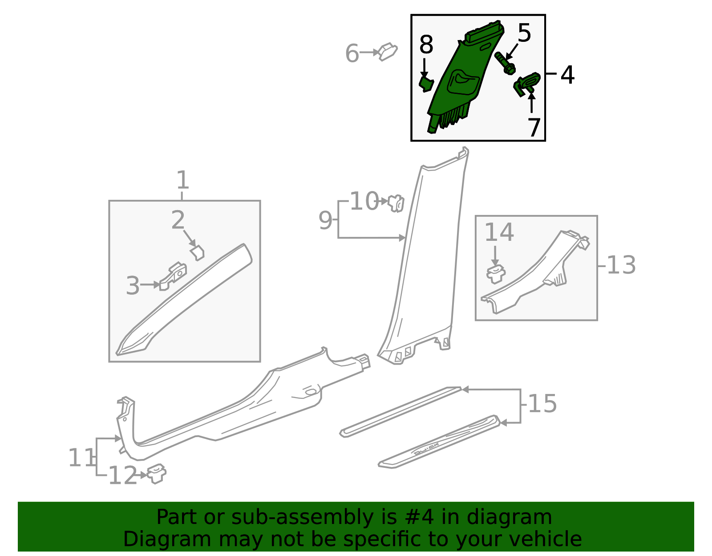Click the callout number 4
567,75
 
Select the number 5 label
524,33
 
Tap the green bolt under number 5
505,63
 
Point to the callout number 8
426,45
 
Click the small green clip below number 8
426,84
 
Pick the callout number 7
534,127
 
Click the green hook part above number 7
526,83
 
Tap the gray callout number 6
352,53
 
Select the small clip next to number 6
388,52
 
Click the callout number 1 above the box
183,179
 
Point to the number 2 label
178,219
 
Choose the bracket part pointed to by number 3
173,276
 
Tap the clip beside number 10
396,203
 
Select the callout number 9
325,220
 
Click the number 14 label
499,232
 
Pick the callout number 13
621,265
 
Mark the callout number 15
542,404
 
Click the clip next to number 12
157,474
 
